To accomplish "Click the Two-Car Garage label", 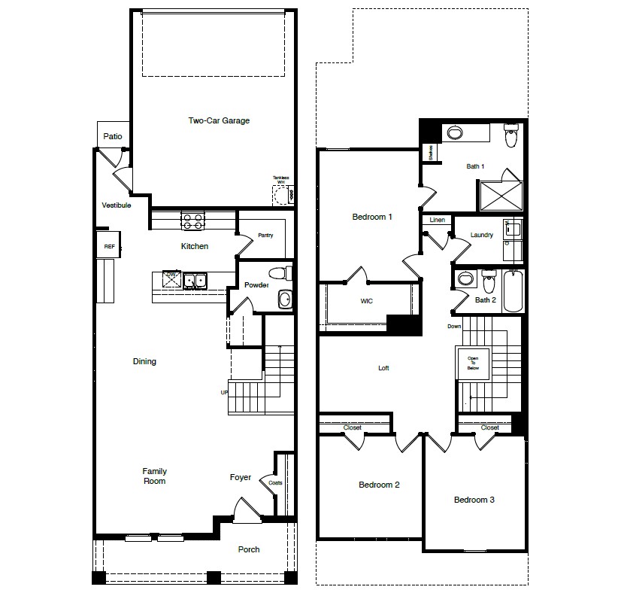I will point(218,120).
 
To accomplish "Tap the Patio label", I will point(113,136).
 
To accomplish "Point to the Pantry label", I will point(265,235).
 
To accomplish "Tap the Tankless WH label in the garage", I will point(280,181).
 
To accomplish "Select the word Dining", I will point(144,361).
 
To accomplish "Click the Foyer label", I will point(241,477).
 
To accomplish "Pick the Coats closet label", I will point(275,482).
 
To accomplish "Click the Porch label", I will point(249,549).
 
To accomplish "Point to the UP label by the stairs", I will point(223,392).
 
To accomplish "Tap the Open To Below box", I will point(473,364).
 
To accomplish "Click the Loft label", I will point(383,368).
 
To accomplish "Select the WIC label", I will point(366,301).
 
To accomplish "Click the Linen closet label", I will point(437,220).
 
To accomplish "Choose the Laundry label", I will point(481,235).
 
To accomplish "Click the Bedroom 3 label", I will point(474,500).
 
